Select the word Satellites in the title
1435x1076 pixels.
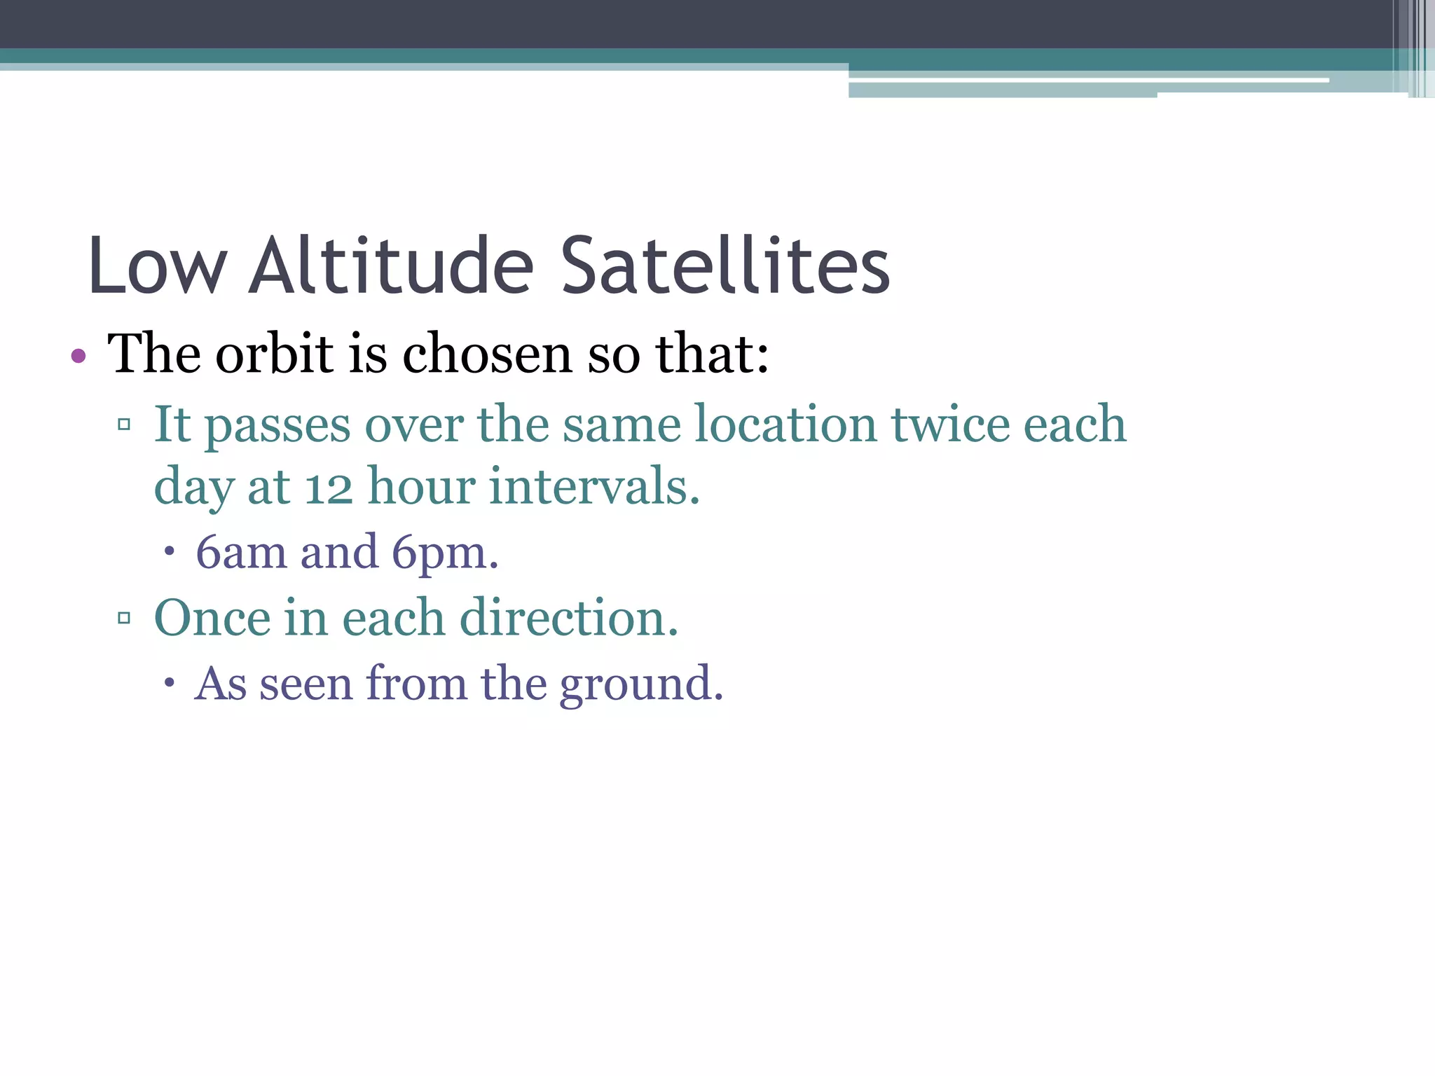(725, 266)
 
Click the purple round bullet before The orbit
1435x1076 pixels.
(78, 357)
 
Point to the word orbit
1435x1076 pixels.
(274, 354)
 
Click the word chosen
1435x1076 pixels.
(487, 354)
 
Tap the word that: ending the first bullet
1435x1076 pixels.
(712, 354)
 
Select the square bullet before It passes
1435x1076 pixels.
(125, 425)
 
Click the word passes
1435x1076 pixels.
(277, 426)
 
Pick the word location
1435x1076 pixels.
(785, 425)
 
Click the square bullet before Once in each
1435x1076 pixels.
(125, 618)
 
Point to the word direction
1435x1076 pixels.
(568, 618)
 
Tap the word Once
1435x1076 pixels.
(212, 618)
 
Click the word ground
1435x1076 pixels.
(640, 684)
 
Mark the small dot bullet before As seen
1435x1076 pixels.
(169, 683)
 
